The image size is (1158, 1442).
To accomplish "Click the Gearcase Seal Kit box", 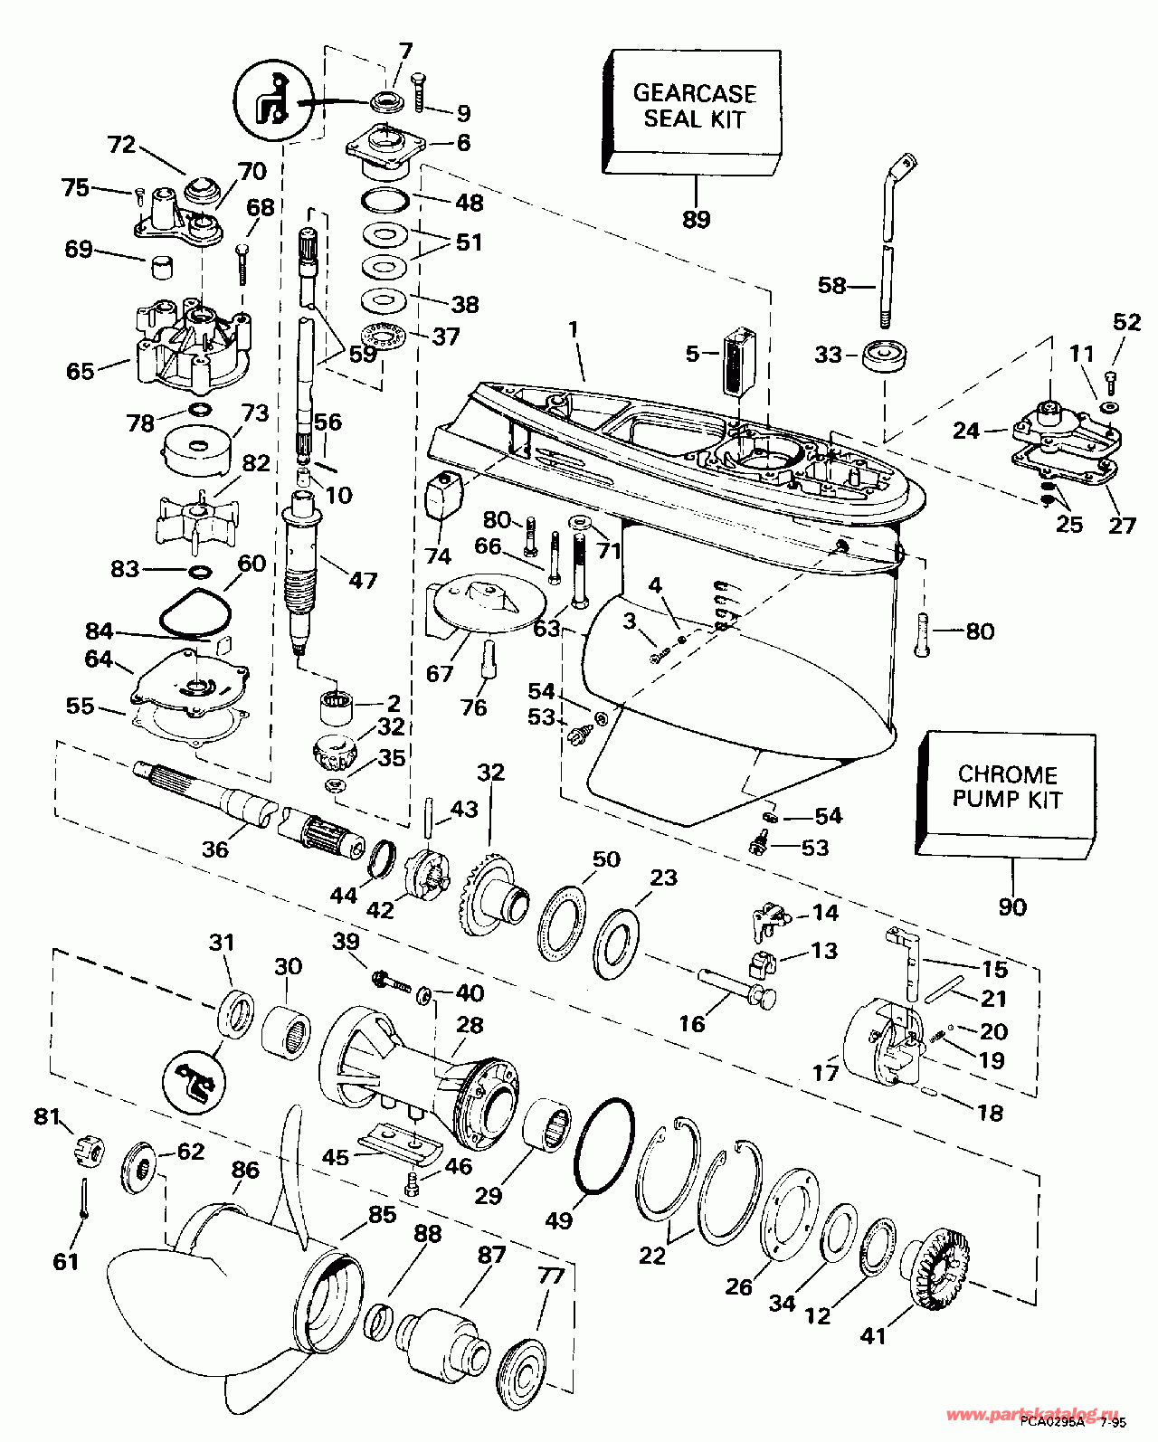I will click(x=692, y=109).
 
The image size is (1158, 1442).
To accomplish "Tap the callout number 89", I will click(x=697, y=220).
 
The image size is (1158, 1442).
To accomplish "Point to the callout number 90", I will click(x=1012, y=906).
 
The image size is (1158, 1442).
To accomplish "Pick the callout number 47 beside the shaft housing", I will click(x=363, y=580).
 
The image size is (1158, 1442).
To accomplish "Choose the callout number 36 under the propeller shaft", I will click(x=215, y=849).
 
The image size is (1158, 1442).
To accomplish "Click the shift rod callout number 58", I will click(x=831, y=286).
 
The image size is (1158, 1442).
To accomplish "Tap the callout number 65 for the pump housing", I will click(x=81, y=371).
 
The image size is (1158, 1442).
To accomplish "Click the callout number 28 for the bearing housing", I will click(x=470, y=1025).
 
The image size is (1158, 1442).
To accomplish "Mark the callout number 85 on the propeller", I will click(x=382, y=1214).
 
